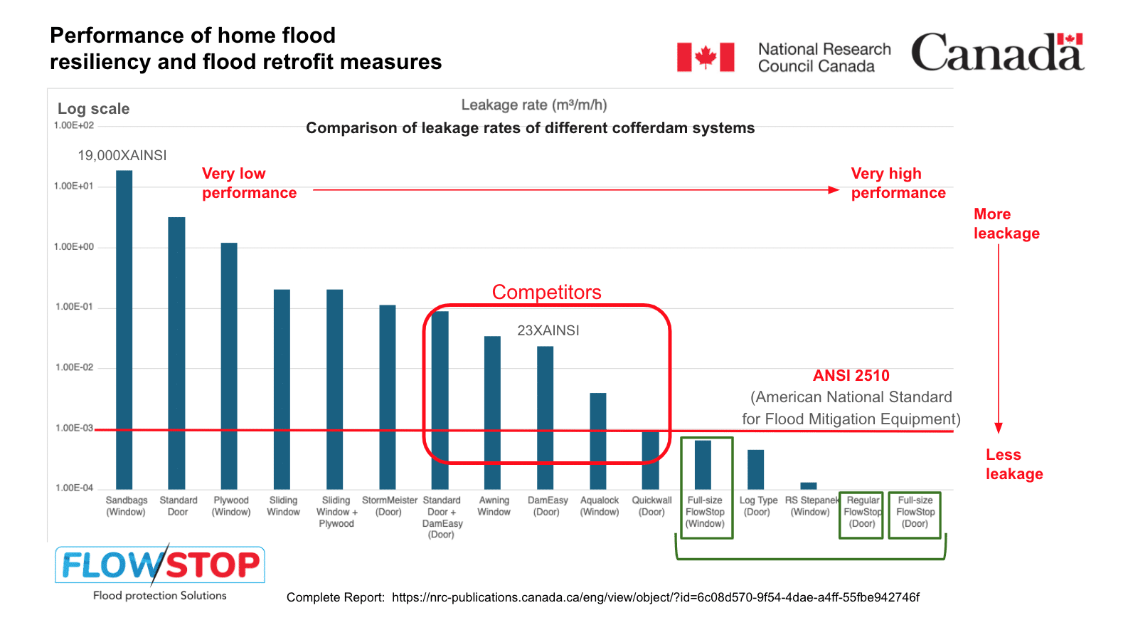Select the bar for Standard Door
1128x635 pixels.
pyautogui.click(x=176, y=352)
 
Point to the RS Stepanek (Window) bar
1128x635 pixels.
pyautogui.click(x=809, y=486)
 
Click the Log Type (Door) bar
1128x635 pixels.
pyautogui.click(x=755, y=469)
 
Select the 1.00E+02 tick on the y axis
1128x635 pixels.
pyautogui.click(x=74, y=125)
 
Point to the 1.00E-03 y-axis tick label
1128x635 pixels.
pyautogui.click(x=74, y=428)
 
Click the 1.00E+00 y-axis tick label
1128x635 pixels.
pyautogui.click(x=74, y=247)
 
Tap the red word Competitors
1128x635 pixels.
pyautogui.click(x=546, y=292)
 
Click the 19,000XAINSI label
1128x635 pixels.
pyautogui.click(x=122, y=155)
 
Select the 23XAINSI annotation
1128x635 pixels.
pyautogui.click(x=548, y=330)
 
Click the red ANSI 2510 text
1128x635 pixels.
pyautogui.click(x=851, y=375)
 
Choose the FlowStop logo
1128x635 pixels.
pyautogui.click(x=160, y=566)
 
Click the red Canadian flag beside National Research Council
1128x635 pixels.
pyautogui.click(x=706, y=57)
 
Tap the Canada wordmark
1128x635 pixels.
pyautogui.click(x=997, y=52)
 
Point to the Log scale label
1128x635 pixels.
pyautogui.click(x=93, y=109)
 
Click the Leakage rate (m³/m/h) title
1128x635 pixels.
pyautogui.click(x=534, y=105)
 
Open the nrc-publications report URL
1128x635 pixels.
pyautogui.click(x=655, y=597)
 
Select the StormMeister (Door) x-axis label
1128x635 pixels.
pyautogui.click(x=389, y=506)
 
